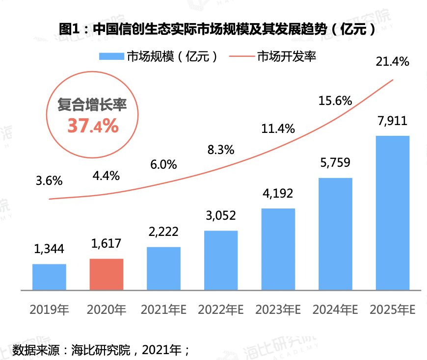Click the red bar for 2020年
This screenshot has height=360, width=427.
107,274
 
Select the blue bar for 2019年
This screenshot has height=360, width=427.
49,277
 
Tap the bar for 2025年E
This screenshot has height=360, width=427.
392,212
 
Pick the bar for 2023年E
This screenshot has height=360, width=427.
278,249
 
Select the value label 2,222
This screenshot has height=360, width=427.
163,232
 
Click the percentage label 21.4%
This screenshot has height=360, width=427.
392,62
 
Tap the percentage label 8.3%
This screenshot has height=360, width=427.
221,150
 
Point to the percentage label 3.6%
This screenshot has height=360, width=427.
49,180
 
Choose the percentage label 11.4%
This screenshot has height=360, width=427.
278,129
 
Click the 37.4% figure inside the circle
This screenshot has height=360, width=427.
93,126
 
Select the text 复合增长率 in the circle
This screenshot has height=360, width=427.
92,104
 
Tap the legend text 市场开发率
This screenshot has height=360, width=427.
287,56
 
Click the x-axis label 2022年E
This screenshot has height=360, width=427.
221,310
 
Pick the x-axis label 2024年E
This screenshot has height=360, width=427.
335,310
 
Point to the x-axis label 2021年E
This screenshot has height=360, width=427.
163,310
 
